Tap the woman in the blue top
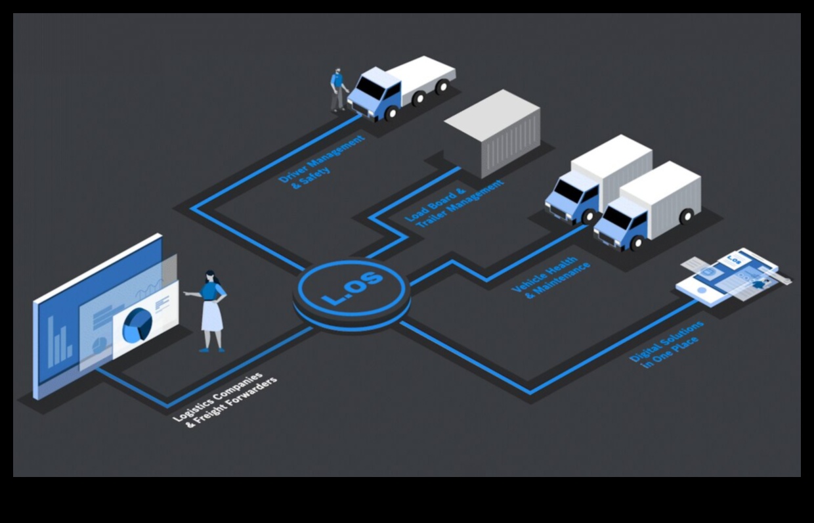pyautogui.click(x=212, y=309)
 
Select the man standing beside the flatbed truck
pyautogui.click(x=337, y=90)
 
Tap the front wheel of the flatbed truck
pyautogui.click(x=391, y=113)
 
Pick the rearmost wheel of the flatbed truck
pyautogui.click(x=443, y=86)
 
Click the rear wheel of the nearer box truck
pyautogui.click(x=685, y=216)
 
